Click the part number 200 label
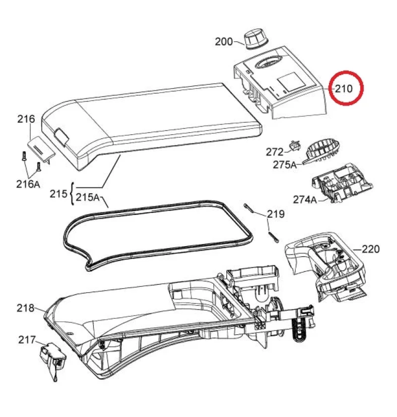pyautogui.click(x=224, y=42)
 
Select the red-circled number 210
pyautogui.click(x=344, y=89)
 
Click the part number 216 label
pyautogui.click(x=26, y=119)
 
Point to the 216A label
pyautogui.click(x=28, y=184)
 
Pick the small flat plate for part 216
pyautogui.click(x=42, y=149)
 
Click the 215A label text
pyautogui.click(x=87, y=197)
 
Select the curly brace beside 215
pyautogui.click(x=71, y=194)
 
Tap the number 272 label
pyautogui.click(x=275, y=152)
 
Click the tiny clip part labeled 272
pyautogui.click(x=295, y=146)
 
